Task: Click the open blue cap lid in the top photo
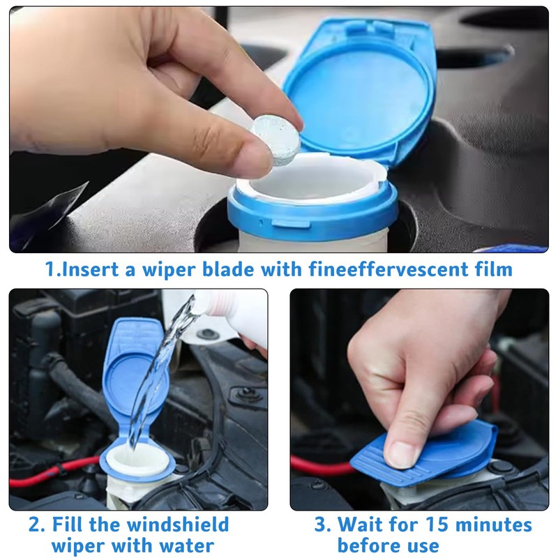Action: (x=363, y=87)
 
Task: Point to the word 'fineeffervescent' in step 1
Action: (x=393, y=269)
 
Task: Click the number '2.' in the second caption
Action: (x=37, y=524)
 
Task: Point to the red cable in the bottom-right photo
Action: (x=321, y=466)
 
